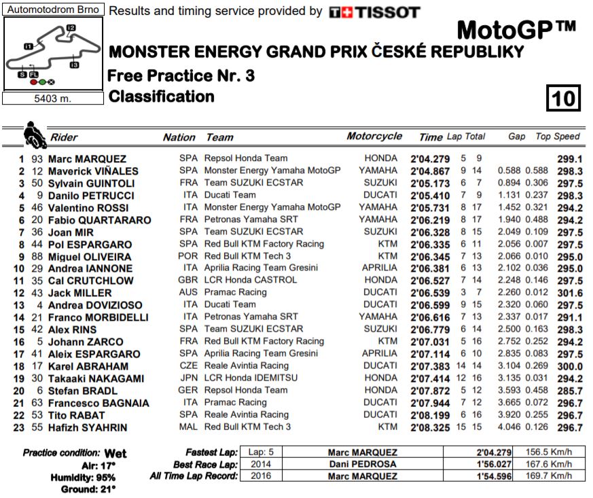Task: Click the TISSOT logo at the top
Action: (x=374, y=12)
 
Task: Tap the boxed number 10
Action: (x=564, y=99)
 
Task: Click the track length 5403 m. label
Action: (x=52, y=98)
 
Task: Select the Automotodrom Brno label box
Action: (x=52, y=10)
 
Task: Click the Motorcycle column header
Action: (x=374, y=137)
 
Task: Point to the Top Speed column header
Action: (x=557, y=137)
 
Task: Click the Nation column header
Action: (x=179, y=137)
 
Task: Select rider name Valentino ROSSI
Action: (x=87, y=208)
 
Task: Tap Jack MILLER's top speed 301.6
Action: (x=569, y=293)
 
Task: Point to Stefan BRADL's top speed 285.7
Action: (x=569, y=391)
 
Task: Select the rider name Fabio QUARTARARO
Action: (x=99, y=220)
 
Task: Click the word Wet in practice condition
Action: (x=115, y=453)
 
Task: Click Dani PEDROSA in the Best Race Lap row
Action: (x=362, y=464)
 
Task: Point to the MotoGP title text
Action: (x=516, y=31)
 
